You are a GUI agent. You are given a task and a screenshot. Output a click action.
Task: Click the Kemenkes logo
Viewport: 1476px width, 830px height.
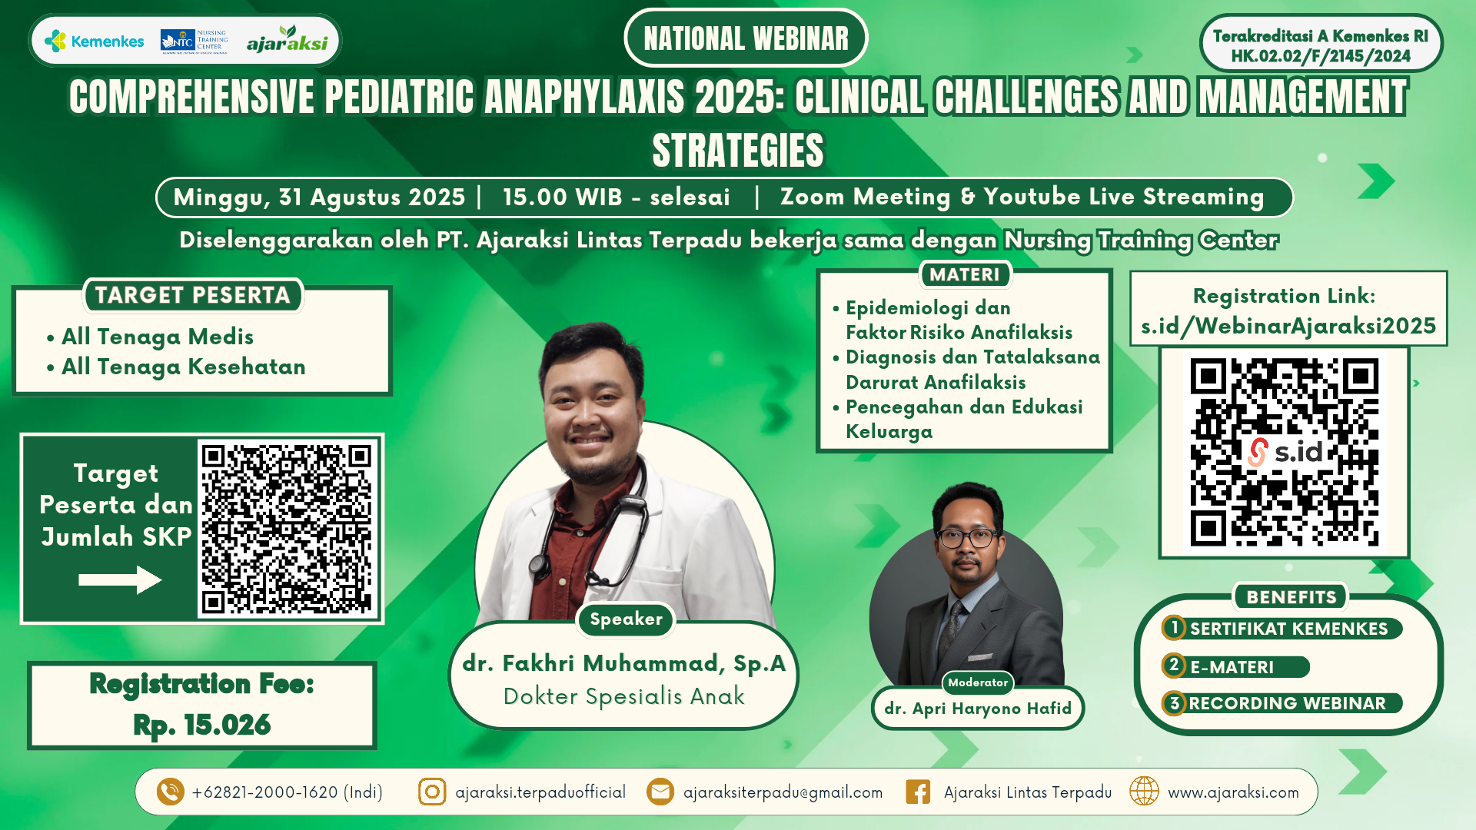94,41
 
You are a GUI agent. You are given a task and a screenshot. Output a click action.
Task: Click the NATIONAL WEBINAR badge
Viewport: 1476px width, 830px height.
746,38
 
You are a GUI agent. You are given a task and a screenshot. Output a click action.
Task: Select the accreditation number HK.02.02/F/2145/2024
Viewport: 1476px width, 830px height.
1321,56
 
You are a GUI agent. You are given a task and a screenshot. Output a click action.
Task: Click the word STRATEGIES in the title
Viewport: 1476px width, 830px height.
738,150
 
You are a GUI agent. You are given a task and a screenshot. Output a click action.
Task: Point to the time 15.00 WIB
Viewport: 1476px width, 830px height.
562,197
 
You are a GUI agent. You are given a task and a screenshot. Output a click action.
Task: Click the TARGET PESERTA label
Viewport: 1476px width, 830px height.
193,295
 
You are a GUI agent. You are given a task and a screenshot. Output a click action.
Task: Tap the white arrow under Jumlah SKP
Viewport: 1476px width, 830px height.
120,579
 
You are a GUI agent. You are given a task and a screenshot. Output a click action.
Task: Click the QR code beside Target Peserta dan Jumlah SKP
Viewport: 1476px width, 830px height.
287,528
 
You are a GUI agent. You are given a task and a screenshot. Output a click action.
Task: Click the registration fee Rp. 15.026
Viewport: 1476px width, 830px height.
202,725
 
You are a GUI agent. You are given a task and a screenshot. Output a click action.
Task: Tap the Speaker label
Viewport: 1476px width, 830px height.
626,619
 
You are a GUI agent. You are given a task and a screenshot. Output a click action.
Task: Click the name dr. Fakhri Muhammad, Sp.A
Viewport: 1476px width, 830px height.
623,663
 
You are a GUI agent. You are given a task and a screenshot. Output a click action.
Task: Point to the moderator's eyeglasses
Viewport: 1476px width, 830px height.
968,537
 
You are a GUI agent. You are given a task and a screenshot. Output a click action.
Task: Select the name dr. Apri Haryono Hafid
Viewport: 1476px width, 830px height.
978,709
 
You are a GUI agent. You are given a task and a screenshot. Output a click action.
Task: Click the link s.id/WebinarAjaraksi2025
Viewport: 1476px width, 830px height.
1288,326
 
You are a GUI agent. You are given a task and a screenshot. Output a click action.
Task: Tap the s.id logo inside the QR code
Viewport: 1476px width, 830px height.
1285,452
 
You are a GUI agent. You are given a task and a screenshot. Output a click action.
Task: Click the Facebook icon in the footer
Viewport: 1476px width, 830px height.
918,792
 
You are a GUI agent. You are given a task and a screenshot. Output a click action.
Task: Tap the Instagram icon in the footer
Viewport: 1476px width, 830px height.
432,792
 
